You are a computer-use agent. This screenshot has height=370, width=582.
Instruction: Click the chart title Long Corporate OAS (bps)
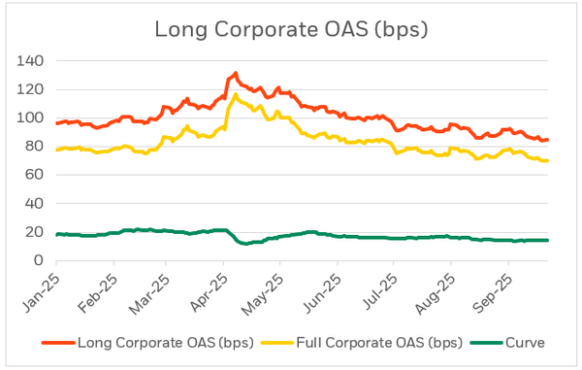pos(290,29)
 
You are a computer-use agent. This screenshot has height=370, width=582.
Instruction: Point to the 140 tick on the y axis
pos(37,60)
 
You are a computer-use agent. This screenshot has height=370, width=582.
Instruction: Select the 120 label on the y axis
pos(37,89)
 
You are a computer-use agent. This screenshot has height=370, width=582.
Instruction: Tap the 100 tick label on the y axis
pos(37,118)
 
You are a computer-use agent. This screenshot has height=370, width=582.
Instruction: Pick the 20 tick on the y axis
pos(41,232)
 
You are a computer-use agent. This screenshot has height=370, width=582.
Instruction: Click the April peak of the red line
pos(235,73)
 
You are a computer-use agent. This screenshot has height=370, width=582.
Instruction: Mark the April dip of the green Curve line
pos(243,243)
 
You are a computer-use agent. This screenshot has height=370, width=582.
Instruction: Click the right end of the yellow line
pos(547,160)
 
